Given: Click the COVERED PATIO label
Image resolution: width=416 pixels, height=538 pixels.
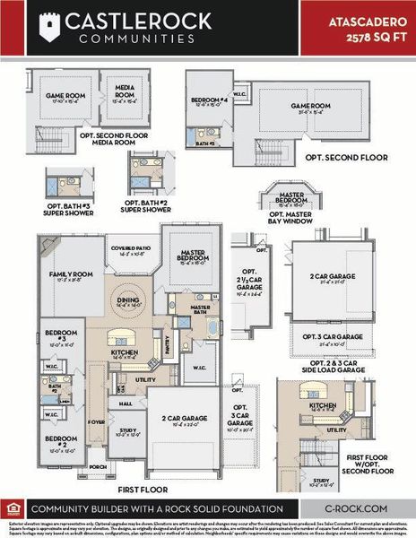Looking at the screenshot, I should pyautogui.click(x=131, y=249).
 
